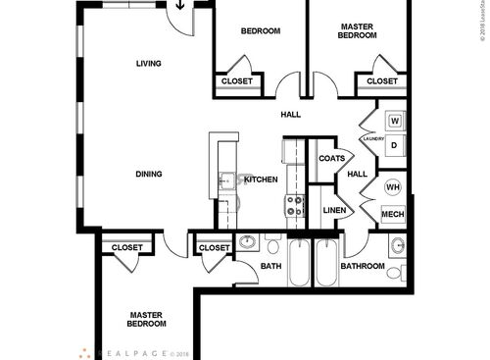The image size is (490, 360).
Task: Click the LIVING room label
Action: coord(149,64)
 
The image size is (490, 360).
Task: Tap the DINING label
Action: coord(149,175)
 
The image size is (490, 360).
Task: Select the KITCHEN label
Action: coord(261,180)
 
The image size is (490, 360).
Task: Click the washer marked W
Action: coord(395,121)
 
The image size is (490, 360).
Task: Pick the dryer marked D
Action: coord(395,145)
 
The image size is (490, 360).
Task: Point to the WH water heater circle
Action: coord(392,187)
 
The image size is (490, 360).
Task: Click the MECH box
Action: coord(393,214)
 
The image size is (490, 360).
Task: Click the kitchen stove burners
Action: coord(293,206)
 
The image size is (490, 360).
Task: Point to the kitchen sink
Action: coord(226,180)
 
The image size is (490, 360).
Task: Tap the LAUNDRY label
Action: coord(372,139)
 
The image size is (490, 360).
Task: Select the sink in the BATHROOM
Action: coord(397,245)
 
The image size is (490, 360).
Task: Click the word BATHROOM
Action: coord(362,266)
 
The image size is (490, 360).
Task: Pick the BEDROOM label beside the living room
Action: coord(261,30)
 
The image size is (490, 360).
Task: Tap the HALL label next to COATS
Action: coord(357,175)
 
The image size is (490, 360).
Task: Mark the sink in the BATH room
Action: coord(247,241)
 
